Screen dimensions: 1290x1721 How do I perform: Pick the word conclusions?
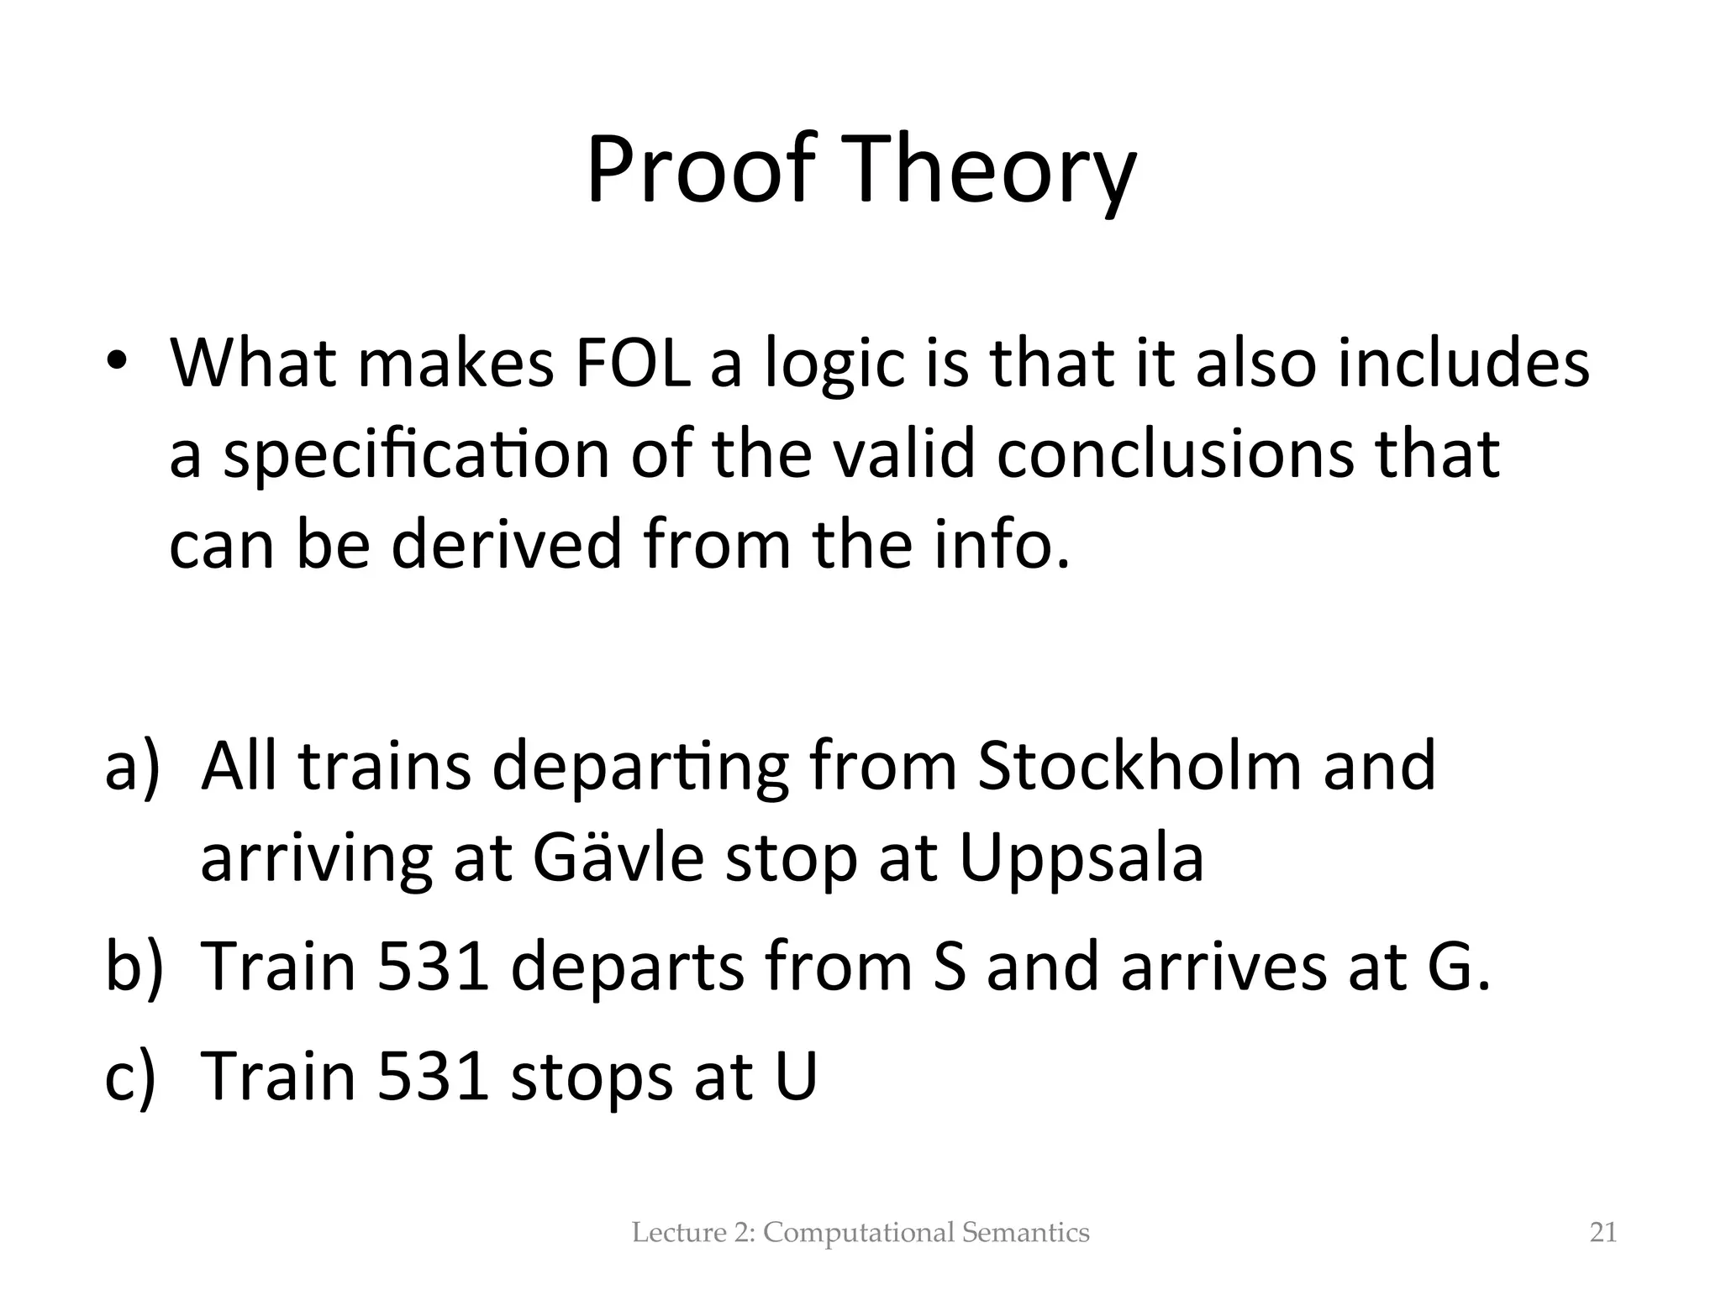coord(1175,454)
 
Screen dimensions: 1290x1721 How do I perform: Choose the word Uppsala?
coord(1081,860)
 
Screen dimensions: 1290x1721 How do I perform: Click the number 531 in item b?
coord(433,966)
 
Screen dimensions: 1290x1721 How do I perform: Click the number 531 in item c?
coord(433,1075)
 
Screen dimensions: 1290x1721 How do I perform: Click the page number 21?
coord(1603,1233)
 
